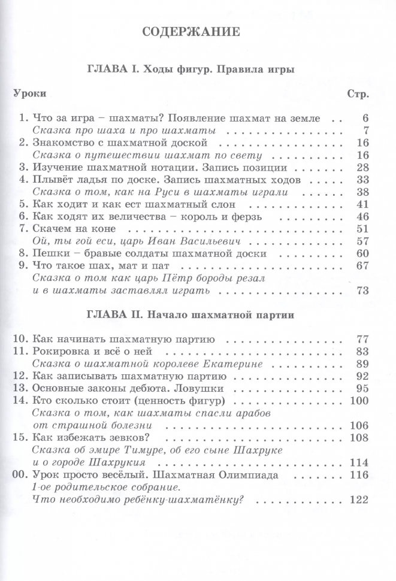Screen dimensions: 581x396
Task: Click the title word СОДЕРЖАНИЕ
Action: (191, 32)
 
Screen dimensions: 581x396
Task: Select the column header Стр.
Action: (358, 93)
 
